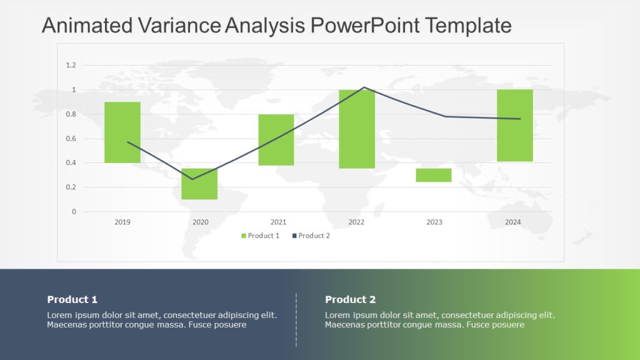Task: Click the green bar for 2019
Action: point(122,132)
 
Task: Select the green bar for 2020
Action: point(199,184)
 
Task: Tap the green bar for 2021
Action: point(276,139)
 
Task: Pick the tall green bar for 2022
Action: point(357,129)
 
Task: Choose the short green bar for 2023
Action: point(434,175)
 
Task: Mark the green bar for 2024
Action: point(514,125)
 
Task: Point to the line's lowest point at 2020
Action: point(192,179)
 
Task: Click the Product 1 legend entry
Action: point(260,236)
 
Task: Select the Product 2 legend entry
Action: point(311,236)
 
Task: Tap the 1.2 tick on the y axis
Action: point(71,65)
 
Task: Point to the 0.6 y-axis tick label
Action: point(71,139)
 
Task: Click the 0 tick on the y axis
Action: point(74,212)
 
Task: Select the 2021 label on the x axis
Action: point(278,222)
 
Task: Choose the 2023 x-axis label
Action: point(434,222)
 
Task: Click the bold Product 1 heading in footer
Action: point(72,299)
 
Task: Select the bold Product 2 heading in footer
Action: point(350,299)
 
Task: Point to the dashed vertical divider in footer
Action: point(296,319)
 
